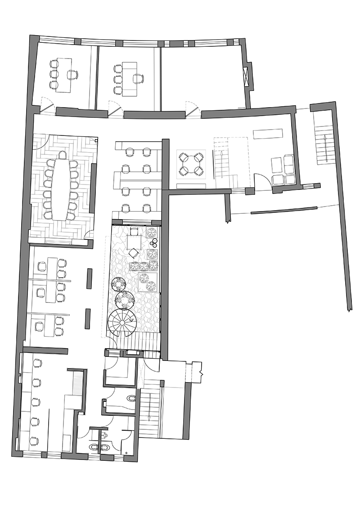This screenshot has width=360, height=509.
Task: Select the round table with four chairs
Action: tap(190, 164)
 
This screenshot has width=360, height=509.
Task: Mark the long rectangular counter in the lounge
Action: tap(268, 134)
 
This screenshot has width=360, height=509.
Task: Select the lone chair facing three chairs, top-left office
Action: tap(72, 74)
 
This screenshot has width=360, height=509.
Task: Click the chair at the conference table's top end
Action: tap(62, 155)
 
